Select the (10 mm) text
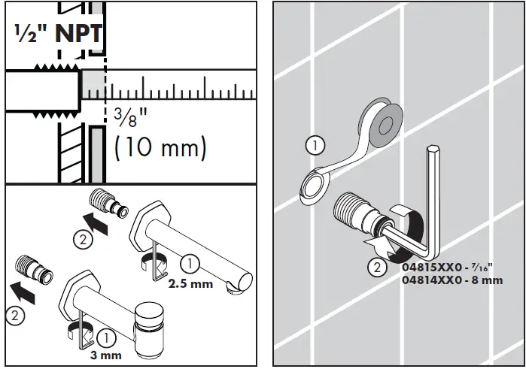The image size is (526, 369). pyautogui.click(x=159, y=147)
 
